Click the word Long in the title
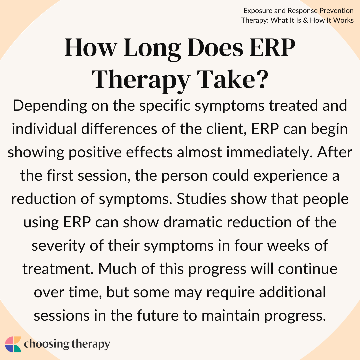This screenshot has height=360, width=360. click(152, 49)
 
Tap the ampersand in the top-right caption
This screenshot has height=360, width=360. click(305, 20)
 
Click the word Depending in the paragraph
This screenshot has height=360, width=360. click(50, 106)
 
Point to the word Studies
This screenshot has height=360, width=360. click(201, 199)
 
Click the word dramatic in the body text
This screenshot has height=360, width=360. click(193, 222)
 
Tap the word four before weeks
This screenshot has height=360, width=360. click(248, 245)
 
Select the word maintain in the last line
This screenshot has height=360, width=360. click(231, 315)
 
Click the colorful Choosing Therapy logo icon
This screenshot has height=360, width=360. click(13, 344)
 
